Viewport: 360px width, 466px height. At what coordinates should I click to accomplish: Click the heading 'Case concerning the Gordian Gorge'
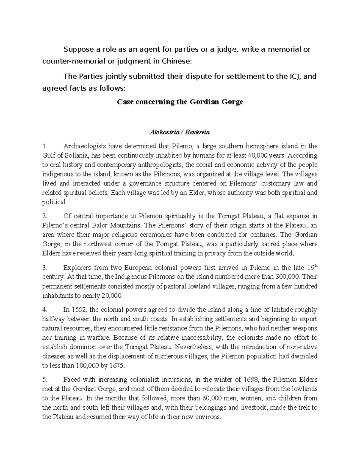pos(180,102)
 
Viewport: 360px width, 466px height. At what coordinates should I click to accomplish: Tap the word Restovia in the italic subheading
pos(197,132)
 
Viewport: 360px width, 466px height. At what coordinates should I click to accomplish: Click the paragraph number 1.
pos(44,146)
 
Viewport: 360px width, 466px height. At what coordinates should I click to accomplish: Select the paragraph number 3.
pos(44,268)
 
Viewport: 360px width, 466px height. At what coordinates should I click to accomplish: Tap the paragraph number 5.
pos(44,380)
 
